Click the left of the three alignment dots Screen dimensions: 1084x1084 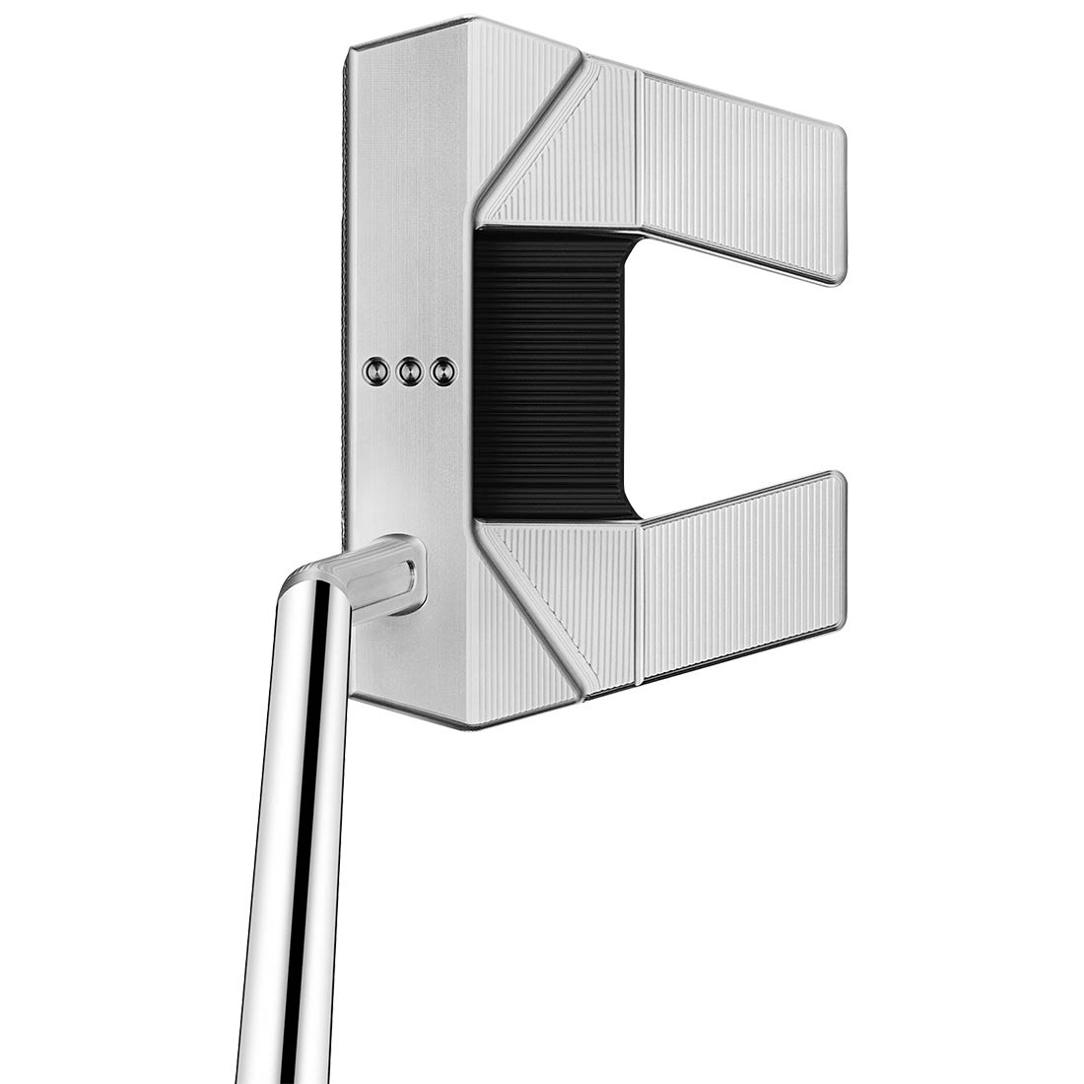[x=374, y=370]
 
